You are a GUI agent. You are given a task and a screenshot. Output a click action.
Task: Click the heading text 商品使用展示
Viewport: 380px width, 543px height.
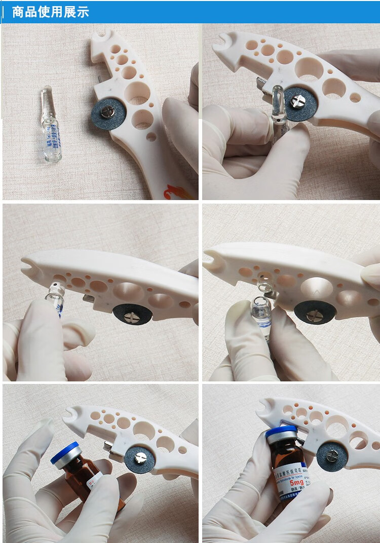pyautogui.click(x=50, y=12)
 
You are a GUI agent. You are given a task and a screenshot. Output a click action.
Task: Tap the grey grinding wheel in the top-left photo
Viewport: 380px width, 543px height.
pyautogui.click(x=108, y=116)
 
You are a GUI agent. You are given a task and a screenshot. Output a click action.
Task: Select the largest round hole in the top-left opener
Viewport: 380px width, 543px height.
pyautogui.click(x=137, y=93)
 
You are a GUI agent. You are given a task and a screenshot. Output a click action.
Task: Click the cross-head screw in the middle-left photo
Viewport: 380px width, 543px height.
pyautogui.click(x=132, y=316)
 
